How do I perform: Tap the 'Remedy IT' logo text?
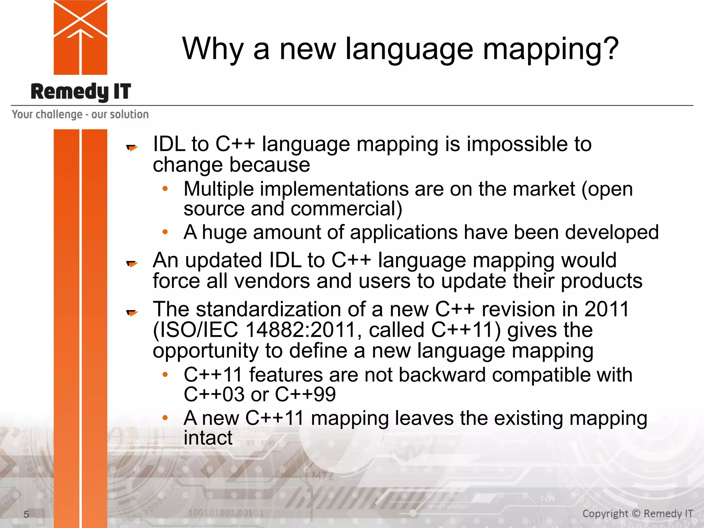[81, 92]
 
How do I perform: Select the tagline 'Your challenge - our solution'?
[80, 114]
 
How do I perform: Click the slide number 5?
[26, 515]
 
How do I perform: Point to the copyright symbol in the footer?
[636, 514]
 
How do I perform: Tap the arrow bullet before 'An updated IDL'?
[132, 264]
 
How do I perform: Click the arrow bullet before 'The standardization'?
[132, 312]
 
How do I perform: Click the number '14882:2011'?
[300, 330]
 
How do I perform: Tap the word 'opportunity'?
[206, 351]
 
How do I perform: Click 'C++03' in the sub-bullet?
[214, 394]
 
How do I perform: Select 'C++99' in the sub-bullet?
[305, 394]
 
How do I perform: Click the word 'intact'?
[208, 438]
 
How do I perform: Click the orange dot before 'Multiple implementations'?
[165, 189]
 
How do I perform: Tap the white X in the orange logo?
[80, 19]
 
